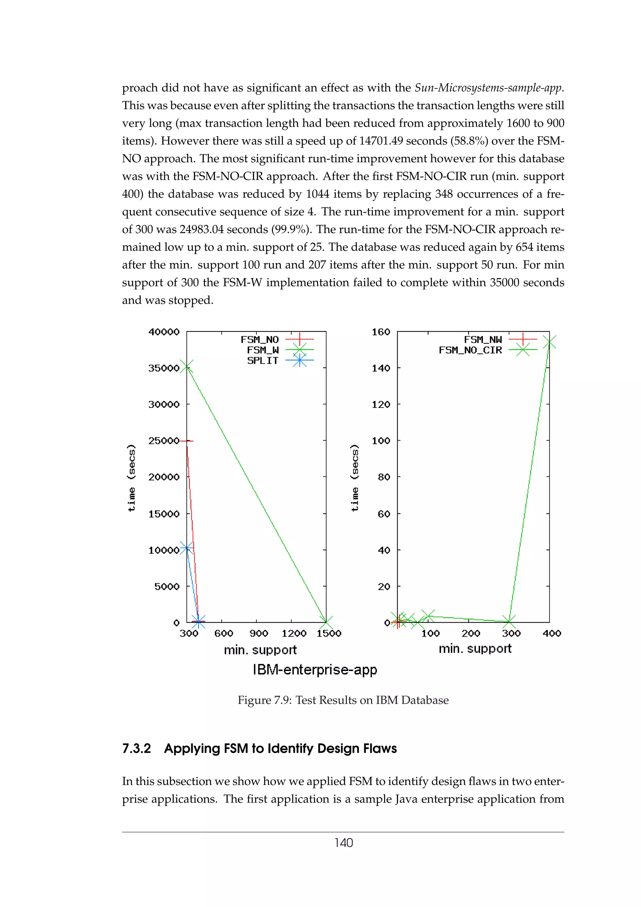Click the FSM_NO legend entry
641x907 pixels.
pos(276,339)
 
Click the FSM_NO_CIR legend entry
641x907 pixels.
pos(487,350)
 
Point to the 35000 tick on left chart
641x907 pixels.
pos(163,368)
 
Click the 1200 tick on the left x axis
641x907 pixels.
pos(294,634)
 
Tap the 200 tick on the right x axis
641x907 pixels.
pos(471,634)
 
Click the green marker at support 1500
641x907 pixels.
pos(326,622)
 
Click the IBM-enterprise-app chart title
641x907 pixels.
pos(315,670)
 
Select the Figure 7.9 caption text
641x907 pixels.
pos(343,700)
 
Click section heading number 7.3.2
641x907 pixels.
pos(136,749)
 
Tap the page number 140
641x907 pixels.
pos(343,843)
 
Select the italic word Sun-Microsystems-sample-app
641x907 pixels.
pos(489,88)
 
